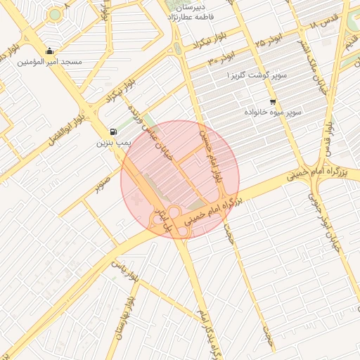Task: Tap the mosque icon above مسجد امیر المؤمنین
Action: pos(49,51)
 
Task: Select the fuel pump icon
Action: pos(114,131)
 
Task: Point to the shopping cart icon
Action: pos(273,101)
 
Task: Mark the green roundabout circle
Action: pos(55,14)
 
